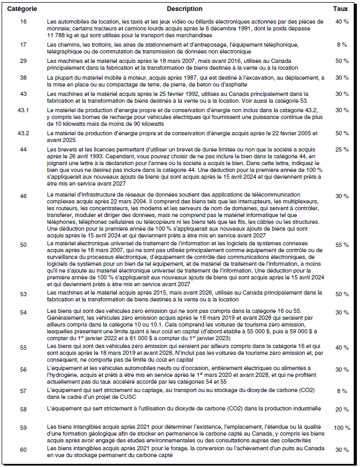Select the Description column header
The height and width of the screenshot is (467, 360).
coord(184,9)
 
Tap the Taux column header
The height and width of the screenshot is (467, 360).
coord(340,9)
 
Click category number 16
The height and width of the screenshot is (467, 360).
coord(23,21)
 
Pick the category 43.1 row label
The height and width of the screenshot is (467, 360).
coord(23,111)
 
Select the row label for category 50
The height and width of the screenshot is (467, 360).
coord(23,245)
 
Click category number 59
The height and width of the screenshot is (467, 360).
coord(23,428)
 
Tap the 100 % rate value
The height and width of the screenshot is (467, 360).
coord(342,428)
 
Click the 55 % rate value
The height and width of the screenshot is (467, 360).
coord(342,245)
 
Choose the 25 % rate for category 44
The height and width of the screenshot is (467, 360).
coord(342,150)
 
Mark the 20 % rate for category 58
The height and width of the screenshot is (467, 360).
coord(342,409)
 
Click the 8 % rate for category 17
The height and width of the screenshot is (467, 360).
coord(342,45)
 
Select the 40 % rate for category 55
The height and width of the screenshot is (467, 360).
coord(342,347)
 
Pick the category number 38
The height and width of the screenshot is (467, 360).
coord(23,78)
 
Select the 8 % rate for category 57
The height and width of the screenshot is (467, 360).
coord(342,390)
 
